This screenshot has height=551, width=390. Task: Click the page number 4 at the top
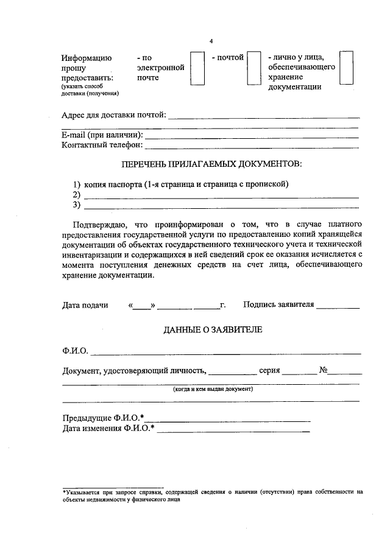[211, 41]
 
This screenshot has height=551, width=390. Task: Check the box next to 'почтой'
[255, 68]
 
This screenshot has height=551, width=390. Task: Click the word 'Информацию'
[87, 58]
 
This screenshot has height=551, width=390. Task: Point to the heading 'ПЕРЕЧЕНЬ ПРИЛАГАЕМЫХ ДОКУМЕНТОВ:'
[211, 165]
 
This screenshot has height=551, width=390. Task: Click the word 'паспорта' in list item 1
[126, 184]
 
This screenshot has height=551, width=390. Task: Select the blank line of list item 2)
[221, 195]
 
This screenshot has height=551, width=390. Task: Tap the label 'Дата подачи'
[85, 304]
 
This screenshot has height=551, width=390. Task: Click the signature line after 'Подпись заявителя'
[338, 306]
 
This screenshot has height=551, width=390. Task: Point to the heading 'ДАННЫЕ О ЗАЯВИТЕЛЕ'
[212, 329]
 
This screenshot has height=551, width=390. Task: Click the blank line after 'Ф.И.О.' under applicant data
[225, 353]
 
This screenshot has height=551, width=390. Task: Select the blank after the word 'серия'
[296, 372]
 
